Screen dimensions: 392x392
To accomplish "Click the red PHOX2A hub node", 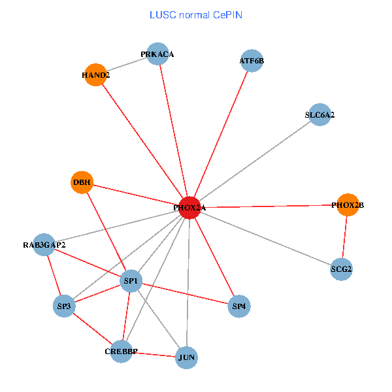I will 189,207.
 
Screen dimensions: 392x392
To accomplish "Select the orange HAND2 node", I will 95,74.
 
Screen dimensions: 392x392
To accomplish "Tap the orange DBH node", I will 82,182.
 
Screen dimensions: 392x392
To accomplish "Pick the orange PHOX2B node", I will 348,205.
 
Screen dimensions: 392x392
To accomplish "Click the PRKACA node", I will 157,54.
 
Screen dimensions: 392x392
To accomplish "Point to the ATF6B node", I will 252,61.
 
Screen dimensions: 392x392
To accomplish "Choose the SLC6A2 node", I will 319,114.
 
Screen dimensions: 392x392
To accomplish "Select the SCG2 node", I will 341,269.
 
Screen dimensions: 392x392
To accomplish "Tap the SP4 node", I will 240,305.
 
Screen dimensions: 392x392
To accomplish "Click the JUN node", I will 187,357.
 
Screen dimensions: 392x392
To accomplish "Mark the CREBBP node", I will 121,351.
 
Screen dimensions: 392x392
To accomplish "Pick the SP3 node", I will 64,305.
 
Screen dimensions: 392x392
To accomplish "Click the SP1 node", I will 131,282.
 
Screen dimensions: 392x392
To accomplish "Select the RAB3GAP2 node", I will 44,245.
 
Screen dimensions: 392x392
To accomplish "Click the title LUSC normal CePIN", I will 196,14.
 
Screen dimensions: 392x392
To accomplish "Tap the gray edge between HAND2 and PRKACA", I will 127,64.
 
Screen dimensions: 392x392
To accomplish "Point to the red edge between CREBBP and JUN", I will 154,355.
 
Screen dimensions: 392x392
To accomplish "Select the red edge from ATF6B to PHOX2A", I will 221,134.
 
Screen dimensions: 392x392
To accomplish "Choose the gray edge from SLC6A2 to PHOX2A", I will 255,161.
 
